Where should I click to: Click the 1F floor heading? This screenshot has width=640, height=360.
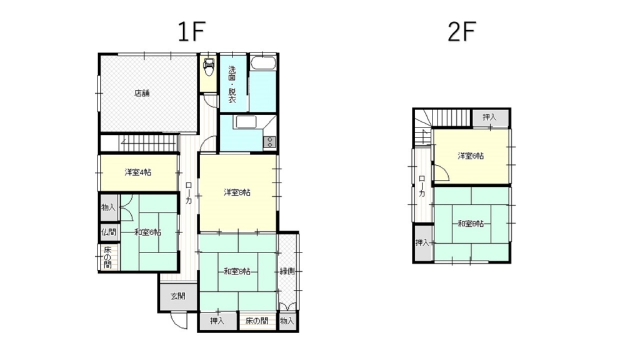(x=191, y=31)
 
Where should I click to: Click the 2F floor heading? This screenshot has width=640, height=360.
(x=462, y=31)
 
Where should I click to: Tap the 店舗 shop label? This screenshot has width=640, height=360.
(x=142, y=93)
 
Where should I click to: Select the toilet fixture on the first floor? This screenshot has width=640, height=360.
(x=209, y=67)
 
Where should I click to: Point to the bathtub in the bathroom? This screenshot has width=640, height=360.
(x=263, y=63)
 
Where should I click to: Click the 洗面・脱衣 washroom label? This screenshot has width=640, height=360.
(x=232, y=84)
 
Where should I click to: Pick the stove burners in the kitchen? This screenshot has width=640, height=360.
(x=270, y=142)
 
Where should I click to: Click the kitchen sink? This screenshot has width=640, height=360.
(x=246, y=122)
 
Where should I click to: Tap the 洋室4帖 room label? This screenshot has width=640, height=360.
(x=138, y=172)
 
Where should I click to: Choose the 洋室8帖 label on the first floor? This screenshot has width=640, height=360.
(x=237, y=192)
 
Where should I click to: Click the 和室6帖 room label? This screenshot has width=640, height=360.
(x=147, y=232)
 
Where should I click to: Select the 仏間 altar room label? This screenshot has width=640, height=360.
(x=109, y=232)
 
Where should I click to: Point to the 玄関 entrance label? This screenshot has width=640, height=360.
(x=178, y=296)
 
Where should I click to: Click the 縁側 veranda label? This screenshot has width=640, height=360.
(x=287, y=271)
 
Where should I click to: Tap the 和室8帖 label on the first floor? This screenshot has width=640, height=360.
(x=237, y=271)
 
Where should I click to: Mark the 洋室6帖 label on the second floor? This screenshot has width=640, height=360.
(x=471, y=156)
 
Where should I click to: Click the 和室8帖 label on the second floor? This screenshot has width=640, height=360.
(x=471, y=224)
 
